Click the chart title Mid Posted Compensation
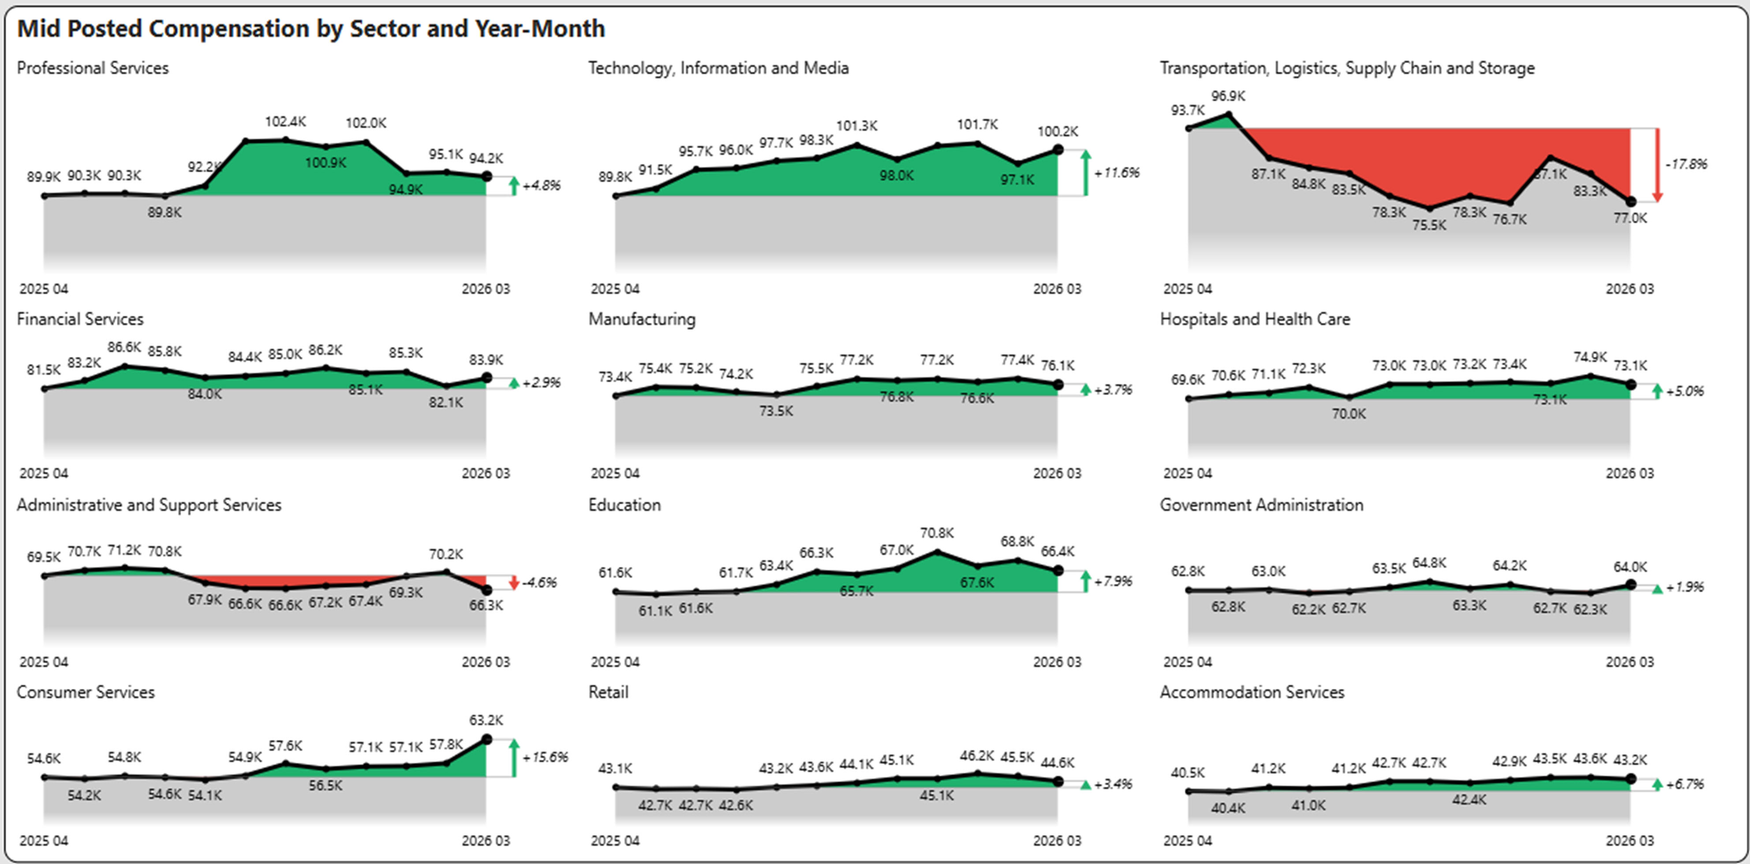coord(310,29)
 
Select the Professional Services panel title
coord(92,68)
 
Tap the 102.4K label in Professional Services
coord(285,122)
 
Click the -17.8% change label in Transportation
coord(1686,164)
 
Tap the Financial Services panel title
coord(80,319)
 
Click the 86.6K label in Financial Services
coord(124,347)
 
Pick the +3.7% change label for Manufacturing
coord(1113,390)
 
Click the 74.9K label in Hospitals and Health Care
coord(1589,357)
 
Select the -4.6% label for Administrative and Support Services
coord(539,583)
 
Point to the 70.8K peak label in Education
coord(937,533)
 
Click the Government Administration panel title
coord(1261,505)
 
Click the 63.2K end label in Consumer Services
coord(486,720)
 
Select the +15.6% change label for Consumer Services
coord(545,757)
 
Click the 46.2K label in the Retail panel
coord(976,756)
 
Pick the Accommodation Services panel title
coord(1251,692)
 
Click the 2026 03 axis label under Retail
coord(1056,841)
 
